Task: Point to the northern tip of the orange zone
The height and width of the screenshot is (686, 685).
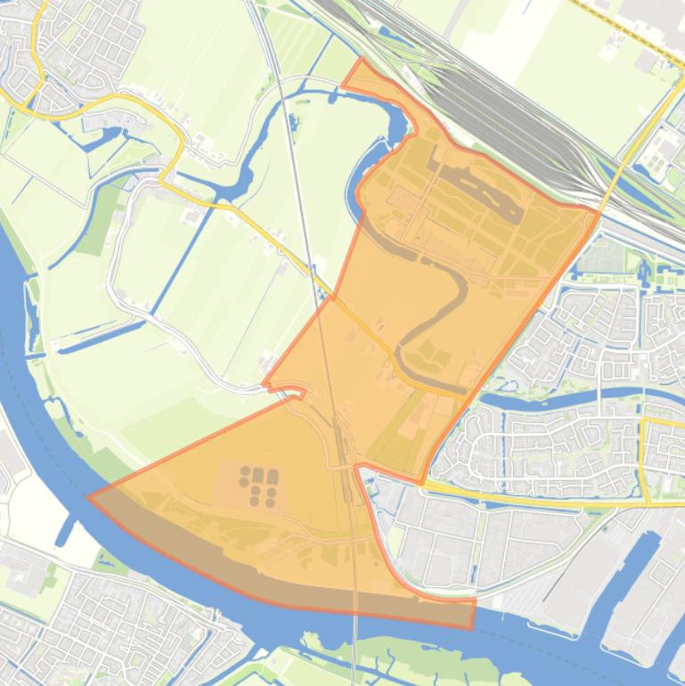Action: coord(360,60)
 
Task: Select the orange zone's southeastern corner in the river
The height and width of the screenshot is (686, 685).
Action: coord(472,625)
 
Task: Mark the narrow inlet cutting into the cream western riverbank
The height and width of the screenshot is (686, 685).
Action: coord(68,529)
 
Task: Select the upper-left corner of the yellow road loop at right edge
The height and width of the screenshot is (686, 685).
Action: coord(643,420)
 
